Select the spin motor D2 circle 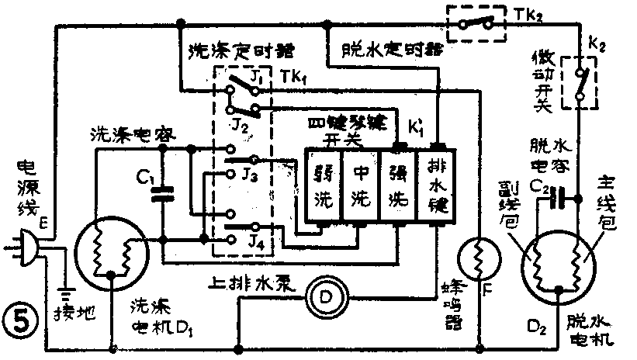coord(558,264)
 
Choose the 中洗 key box coord(362,187)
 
